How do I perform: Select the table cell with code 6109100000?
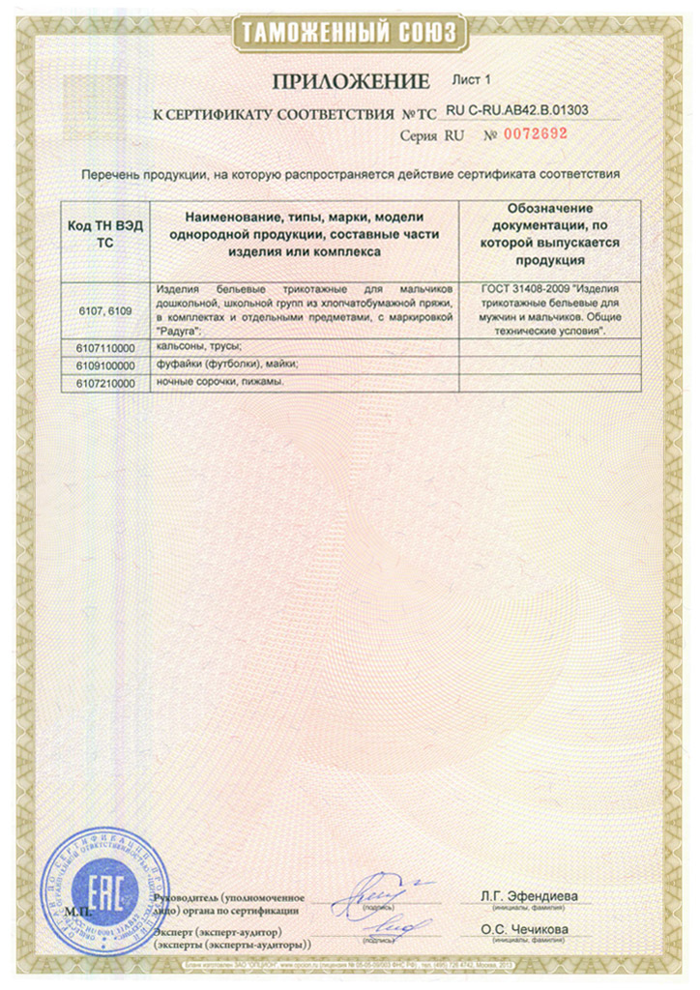105,364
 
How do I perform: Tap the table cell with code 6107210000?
105,383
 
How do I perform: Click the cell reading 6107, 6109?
105,309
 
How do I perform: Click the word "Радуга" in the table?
176,332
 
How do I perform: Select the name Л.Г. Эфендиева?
529,895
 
